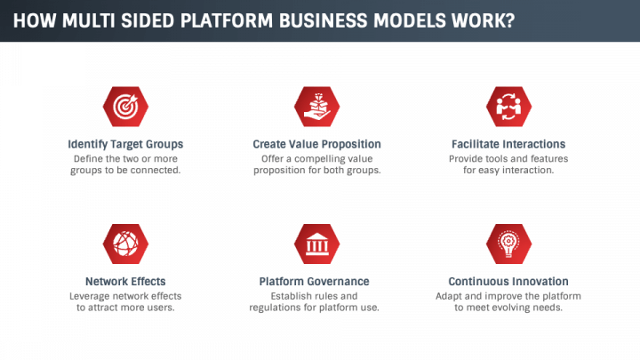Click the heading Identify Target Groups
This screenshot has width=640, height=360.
tap(125, 144)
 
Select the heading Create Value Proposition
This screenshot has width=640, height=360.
tap(316, 144)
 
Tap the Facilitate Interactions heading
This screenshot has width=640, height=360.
tap(508, 144)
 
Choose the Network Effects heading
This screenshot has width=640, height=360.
tap(125, 282)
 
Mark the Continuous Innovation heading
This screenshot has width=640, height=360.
tap(508, 282)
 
